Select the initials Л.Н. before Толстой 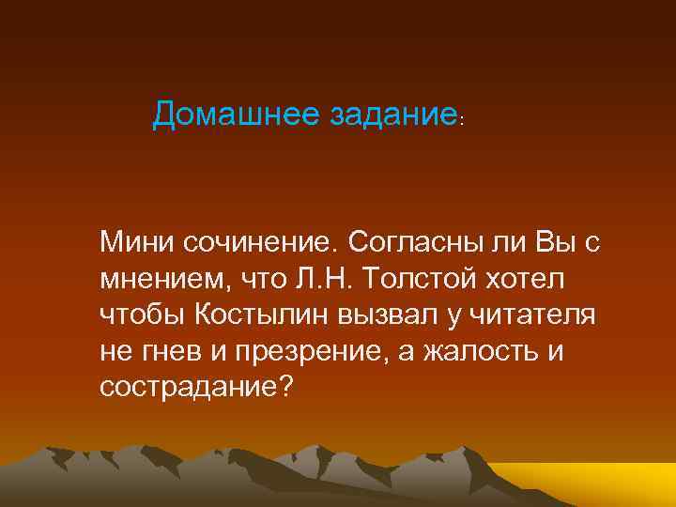[325, 280]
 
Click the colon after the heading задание [462, 120]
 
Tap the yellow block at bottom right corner [610, 484]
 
